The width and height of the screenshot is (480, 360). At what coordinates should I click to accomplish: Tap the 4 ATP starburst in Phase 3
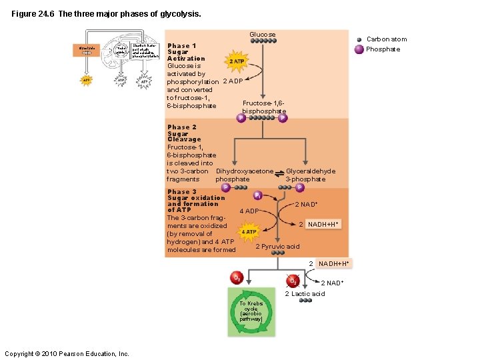coord(249,232)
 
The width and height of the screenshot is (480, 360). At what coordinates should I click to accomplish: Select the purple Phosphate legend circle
coord(359,49)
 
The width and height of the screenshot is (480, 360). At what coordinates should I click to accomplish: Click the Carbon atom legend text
coord(386,39)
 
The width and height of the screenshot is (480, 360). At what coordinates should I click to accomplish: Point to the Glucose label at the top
coord(262,35)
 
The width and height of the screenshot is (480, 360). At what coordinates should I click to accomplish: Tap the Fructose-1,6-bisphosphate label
coord(263,107)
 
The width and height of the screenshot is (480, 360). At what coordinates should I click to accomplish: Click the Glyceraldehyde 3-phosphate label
coord(310,175)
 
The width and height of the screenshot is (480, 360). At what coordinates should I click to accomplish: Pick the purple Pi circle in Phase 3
coord(257,195)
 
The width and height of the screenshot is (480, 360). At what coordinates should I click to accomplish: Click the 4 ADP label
coord(249,211)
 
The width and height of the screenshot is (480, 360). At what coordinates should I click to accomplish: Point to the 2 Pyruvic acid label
coord(277,247)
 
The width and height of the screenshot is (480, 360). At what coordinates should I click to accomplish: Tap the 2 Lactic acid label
coord(305,294)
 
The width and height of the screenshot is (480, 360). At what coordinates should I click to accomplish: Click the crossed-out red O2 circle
coord(292,280)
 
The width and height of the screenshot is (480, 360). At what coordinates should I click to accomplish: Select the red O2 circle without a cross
coord(236,277)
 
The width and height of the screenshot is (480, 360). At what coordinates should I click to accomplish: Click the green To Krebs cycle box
coord(251,311)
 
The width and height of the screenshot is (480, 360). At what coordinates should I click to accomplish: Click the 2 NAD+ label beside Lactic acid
coord(332,283)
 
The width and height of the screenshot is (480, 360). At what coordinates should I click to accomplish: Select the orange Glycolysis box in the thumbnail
coord(87,51)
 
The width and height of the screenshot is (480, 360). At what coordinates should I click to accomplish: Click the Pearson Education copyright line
coord(67,353)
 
